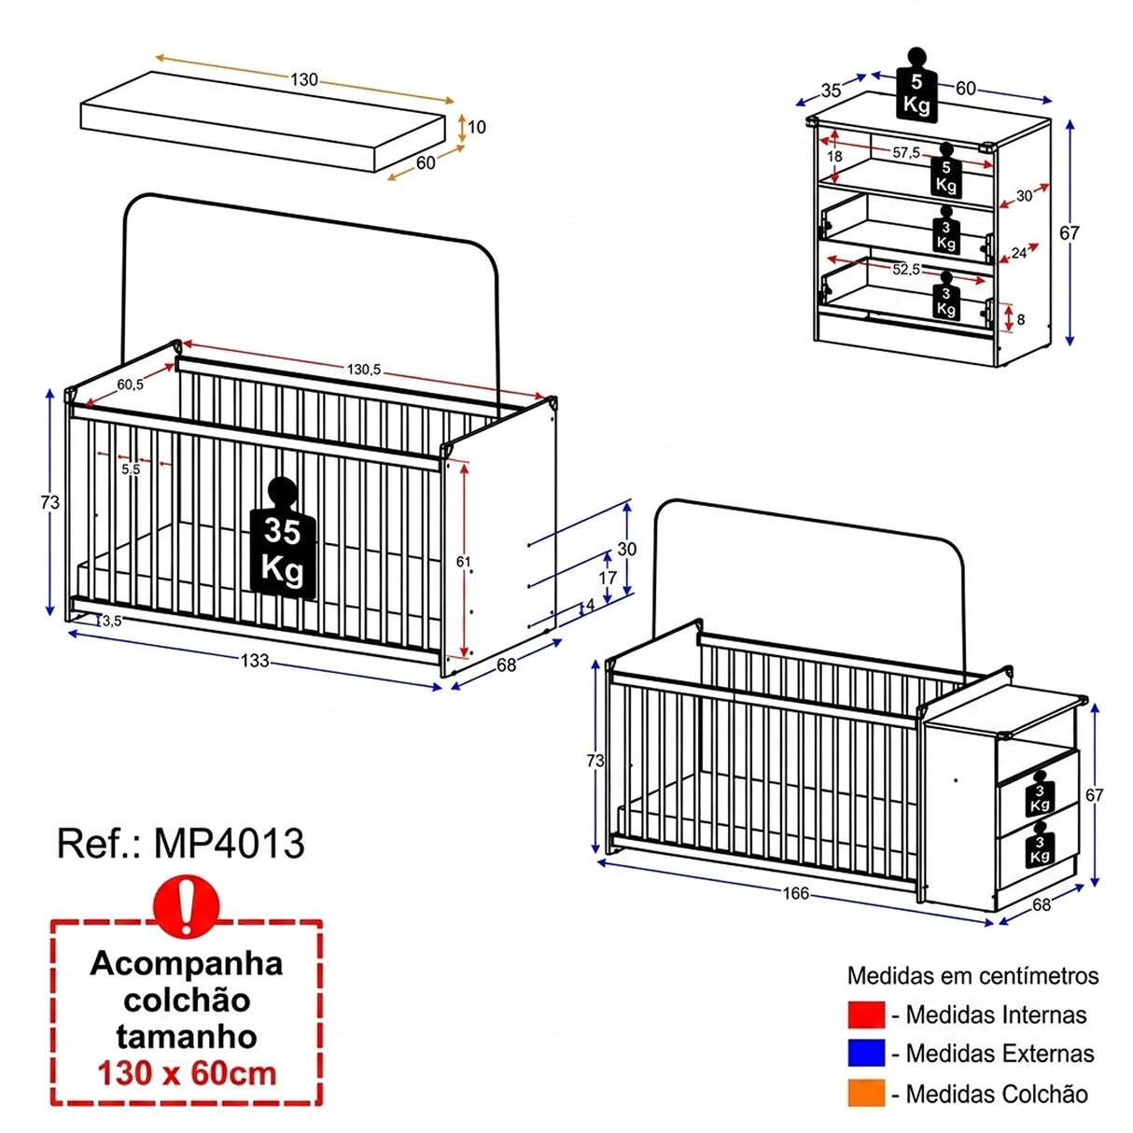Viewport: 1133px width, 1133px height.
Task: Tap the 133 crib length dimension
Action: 255,661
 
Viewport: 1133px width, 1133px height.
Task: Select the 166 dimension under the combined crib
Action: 795,893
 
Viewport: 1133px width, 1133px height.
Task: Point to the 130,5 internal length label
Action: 364,370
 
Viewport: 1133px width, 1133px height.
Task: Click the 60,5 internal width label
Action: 130,385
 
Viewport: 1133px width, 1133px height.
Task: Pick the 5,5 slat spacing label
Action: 131,469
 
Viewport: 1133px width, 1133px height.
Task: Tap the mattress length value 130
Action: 304,79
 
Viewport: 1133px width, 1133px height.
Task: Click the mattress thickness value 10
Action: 477,127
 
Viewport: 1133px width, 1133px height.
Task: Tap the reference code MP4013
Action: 230,844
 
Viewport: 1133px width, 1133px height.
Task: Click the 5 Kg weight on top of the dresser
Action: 916,85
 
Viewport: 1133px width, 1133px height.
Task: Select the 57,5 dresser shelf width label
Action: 906,153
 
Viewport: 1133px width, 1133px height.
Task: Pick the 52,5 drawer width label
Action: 906,270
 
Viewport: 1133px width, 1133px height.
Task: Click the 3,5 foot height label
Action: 112,621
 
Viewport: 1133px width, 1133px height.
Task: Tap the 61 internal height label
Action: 463,562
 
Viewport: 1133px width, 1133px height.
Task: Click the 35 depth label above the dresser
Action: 831,91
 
